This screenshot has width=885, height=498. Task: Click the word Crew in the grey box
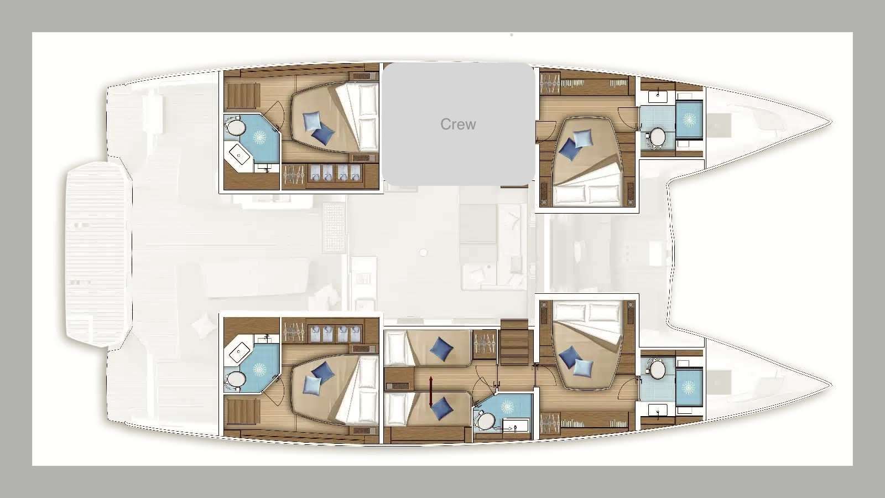coord(458,124)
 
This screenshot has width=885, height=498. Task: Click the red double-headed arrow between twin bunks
coord(431,391)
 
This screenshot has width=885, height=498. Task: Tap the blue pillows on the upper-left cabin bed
coord(317,126)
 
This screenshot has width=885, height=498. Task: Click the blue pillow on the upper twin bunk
coord(441,348)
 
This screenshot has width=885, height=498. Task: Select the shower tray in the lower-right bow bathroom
coord(689,387)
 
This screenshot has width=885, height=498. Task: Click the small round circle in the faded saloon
coord(423,252)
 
